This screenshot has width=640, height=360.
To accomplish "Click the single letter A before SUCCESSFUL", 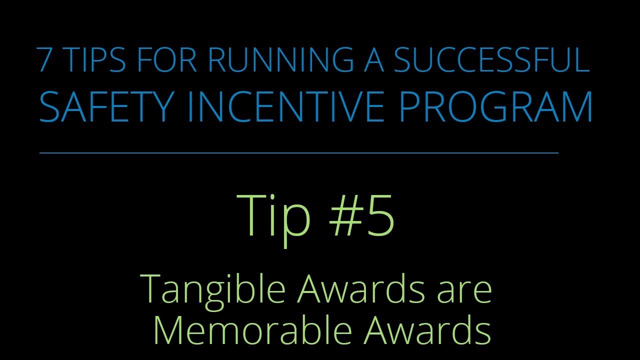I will (x=373, y=60).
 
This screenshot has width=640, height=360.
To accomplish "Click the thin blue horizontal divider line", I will (x=298, y=153).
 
